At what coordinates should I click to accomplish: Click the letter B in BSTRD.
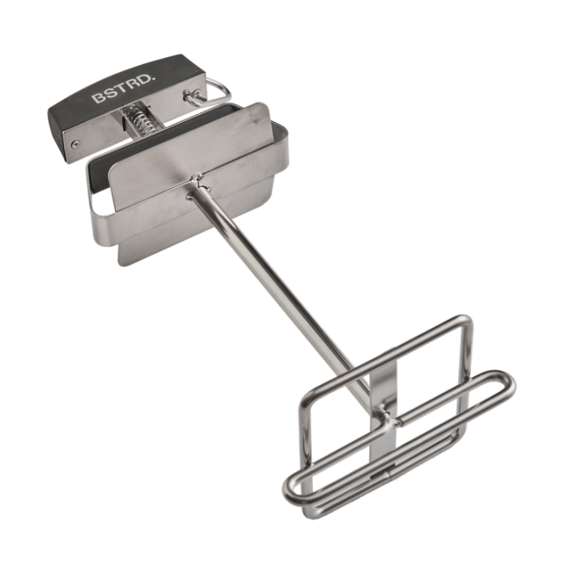pos(97,98)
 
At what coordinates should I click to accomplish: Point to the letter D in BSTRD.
pos(141,84)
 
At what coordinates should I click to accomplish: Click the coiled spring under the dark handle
pos(139,120)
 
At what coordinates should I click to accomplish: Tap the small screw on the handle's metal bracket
pos(74,145)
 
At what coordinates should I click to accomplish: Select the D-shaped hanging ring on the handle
pos(216,92)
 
